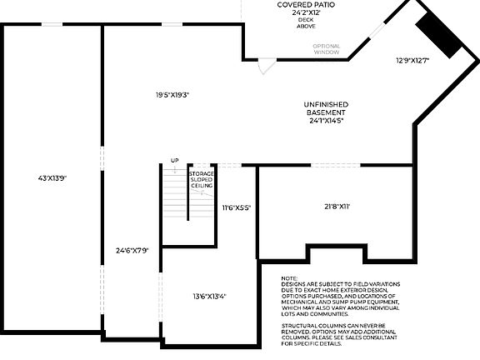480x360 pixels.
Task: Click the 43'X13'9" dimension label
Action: [52, 177]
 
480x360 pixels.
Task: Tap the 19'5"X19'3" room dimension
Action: [172, 94]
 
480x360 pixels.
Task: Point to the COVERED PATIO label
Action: [307, 5]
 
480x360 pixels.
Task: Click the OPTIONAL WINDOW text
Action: [327, 49]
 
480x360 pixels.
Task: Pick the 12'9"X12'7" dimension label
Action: [412, 60]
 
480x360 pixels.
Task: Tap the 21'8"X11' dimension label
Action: [336, 205]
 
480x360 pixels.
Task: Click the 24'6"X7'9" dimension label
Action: [132, 250]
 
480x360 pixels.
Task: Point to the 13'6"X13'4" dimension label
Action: [209, 296]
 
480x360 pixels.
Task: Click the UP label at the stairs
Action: [175, 160]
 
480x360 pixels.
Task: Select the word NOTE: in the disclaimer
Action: [289, 278]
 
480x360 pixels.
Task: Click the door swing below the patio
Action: [264, 67]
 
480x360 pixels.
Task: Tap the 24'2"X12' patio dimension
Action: [307, 13]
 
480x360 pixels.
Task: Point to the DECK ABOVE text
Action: [307, 24]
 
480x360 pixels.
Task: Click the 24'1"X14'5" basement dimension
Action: [325, 121]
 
